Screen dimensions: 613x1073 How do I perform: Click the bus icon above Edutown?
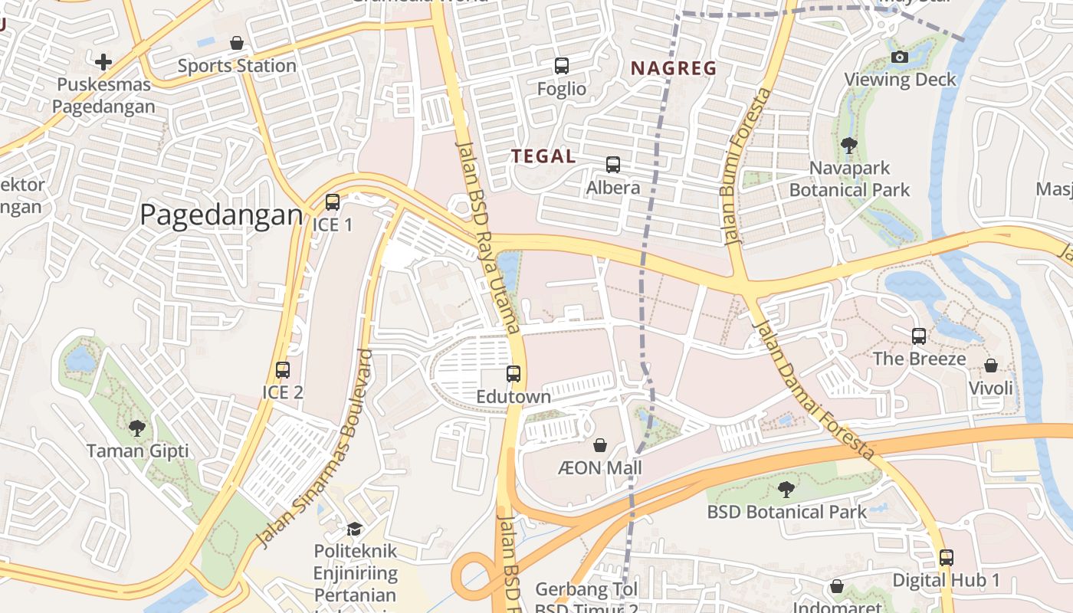(514, 374)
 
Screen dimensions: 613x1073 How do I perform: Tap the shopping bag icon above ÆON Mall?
(600, 445)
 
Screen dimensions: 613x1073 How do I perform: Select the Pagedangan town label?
(221, 215)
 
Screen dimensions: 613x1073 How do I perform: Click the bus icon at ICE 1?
(332, 202)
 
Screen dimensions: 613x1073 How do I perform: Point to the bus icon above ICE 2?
(283, 370)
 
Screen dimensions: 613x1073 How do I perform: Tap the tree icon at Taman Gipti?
(137, 428)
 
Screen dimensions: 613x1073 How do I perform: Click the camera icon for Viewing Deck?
(900, 57)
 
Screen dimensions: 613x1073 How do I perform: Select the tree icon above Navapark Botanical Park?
(848, 145)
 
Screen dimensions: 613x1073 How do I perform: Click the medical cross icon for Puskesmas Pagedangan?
(103, 61)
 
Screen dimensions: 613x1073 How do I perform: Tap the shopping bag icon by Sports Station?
(237, 43)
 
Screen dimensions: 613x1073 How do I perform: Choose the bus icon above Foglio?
(562, 66)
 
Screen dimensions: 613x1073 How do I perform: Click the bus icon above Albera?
(612, 164)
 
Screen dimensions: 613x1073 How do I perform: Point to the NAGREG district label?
(673, 68)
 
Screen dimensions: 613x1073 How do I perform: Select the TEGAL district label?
(543, 156)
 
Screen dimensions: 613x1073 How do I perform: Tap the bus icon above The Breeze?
(919, 336)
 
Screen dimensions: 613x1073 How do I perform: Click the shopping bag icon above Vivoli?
(991, 366)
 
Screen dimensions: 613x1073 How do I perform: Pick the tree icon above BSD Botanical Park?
(786, 489)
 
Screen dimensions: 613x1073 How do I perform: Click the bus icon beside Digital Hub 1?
(947, 558)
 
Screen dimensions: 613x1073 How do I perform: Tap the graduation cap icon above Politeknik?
(354, 529)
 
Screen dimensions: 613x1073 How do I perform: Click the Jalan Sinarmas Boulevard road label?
(315, 450)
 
